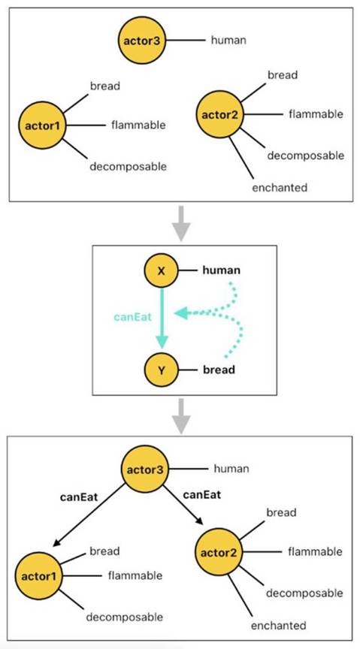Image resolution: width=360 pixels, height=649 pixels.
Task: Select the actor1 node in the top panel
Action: (42, 125)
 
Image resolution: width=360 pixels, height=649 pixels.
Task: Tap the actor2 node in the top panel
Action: (219, 114)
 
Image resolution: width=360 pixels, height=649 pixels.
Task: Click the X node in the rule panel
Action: (161, 271)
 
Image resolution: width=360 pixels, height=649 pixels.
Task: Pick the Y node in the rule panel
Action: (161, 370)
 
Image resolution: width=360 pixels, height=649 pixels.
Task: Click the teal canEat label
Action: (132, 318)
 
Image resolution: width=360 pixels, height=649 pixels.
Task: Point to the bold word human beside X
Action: (221, 270)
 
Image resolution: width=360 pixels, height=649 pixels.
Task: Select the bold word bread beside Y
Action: (219, 370)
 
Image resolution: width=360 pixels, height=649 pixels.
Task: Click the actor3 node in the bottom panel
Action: (145, 469)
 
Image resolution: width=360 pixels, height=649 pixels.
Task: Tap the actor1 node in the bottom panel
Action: (38, 575)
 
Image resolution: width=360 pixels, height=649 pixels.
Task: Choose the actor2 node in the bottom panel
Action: (218, 552)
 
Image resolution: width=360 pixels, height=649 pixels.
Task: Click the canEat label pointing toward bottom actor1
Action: (79, 497)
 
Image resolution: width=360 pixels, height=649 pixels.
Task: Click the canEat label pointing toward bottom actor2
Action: (201, 494)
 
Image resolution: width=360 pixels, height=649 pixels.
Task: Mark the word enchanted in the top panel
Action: (280, 188)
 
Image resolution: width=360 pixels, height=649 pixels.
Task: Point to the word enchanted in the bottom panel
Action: (279, 625)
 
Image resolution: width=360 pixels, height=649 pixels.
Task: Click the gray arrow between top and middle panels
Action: (181, 224)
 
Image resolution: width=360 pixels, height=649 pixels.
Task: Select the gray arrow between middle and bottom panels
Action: (181, 416)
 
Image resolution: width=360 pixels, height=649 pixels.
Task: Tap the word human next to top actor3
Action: (228, 40)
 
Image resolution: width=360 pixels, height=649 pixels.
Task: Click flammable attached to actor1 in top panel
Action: (138, 125)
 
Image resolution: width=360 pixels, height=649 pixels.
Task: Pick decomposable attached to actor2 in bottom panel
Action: (304, 593)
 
